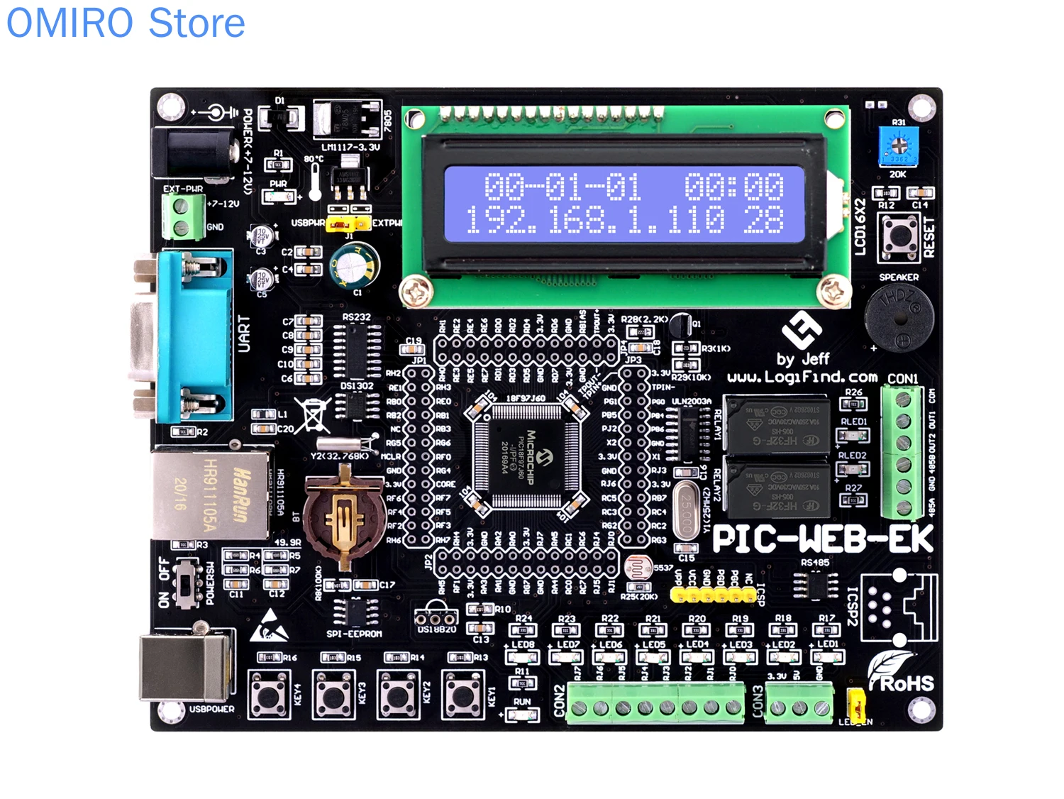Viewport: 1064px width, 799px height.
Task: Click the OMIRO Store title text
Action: (126, 23)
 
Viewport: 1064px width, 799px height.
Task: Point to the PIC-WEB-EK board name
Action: (823, 539)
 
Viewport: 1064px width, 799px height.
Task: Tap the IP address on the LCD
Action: (594, 221)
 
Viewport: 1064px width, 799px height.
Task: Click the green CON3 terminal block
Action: (800, 707)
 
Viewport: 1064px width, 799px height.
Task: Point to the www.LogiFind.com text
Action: (802, 378)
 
